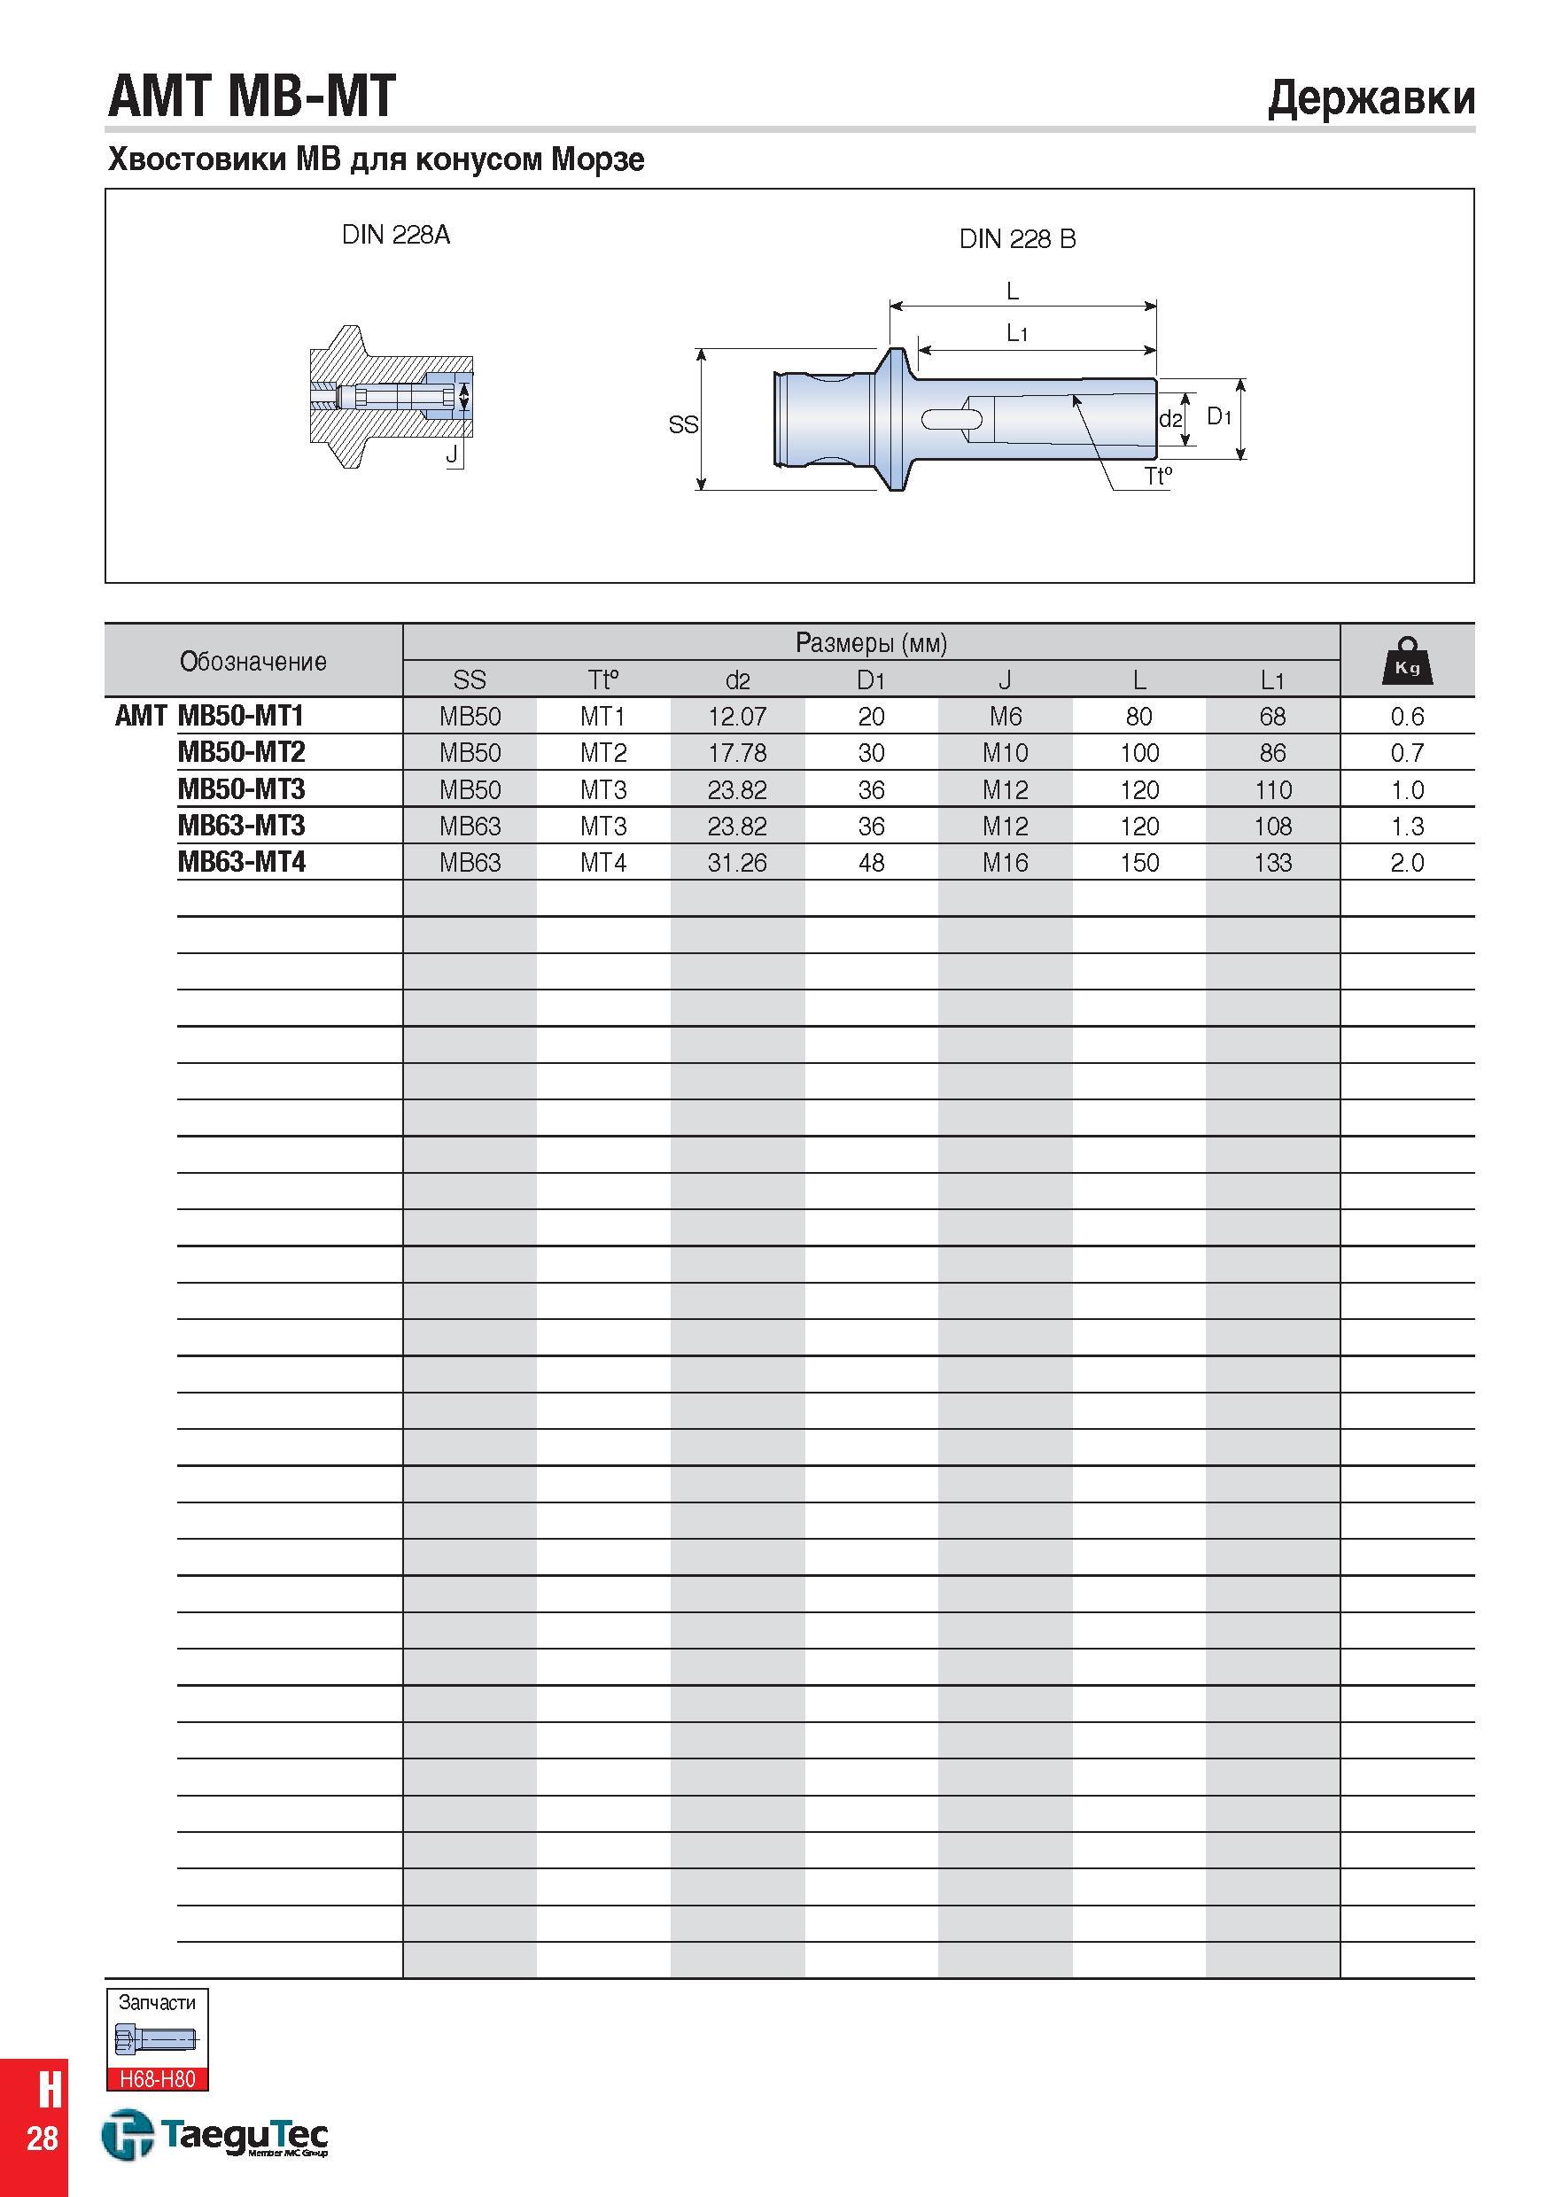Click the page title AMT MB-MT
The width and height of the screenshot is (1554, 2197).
coord(252,97)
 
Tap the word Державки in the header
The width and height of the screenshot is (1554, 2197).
coord(1371,98)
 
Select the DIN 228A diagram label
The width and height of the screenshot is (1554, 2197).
coord(396,235)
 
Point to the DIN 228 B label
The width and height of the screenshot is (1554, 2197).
coord(1017,239)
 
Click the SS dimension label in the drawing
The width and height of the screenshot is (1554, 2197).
coord(683,424)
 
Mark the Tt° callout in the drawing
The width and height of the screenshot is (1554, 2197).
coord(1158,476)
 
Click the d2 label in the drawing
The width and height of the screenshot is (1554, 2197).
coord(1170,419)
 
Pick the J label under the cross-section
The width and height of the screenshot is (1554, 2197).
coord(451,454)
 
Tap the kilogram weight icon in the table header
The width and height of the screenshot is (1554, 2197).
coord(1407,660)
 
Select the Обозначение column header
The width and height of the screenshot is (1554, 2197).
coord(253,661)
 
